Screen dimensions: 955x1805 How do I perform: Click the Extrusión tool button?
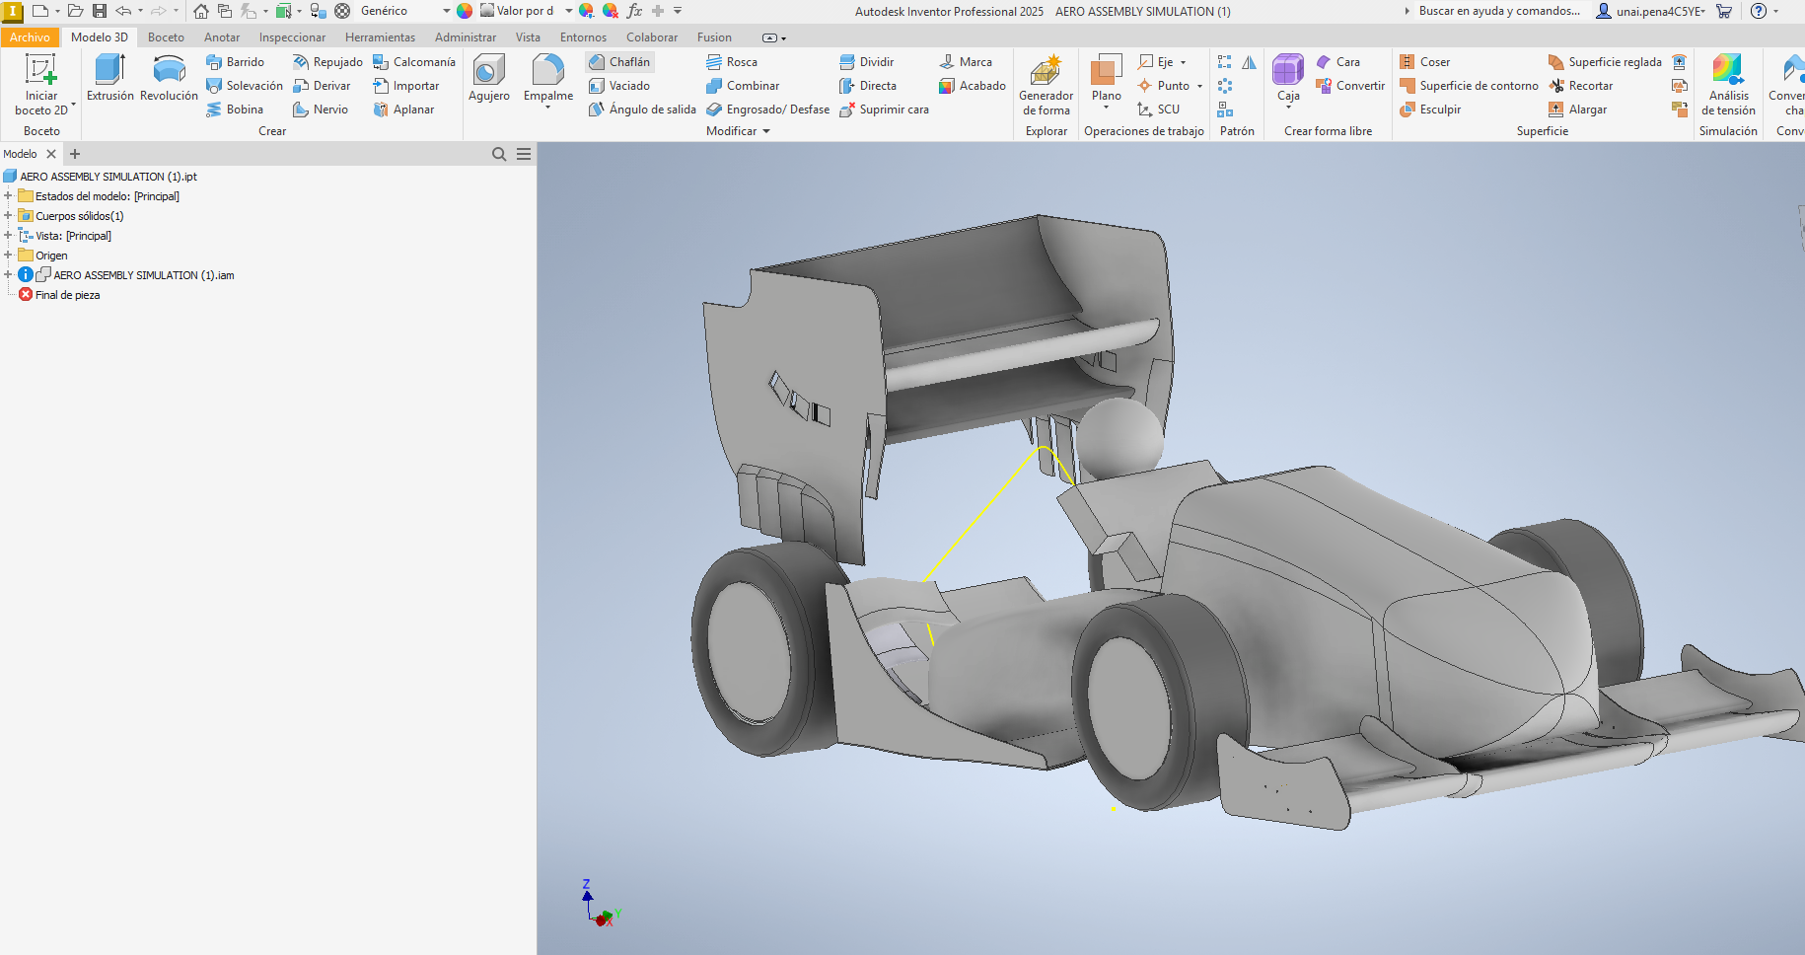point(109,78)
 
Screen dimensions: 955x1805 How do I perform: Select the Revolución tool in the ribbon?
point(169,78)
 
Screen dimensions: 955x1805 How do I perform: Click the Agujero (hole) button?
point(488,78)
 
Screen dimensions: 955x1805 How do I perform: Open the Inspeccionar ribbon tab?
point(292,37)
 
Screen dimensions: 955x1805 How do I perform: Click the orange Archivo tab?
point(30,37)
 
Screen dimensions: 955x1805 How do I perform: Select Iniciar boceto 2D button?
point(41,84)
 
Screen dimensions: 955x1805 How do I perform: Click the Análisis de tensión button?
point(1727,84)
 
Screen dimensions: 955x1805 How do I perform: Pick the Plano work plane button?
point(1106,78)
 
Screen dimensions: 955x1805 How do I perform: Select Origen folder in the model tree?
point(51,256)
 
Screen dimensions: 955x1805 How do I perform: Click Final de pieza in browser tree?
point(67,295)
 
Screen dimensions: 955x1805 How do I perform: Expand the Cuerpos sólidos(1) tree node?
point(8,216)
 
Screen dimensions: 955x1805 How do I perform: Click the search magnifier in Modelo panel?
point(499,154)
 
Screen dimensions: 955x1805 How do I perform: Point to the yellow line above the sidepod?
point(986,513)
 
